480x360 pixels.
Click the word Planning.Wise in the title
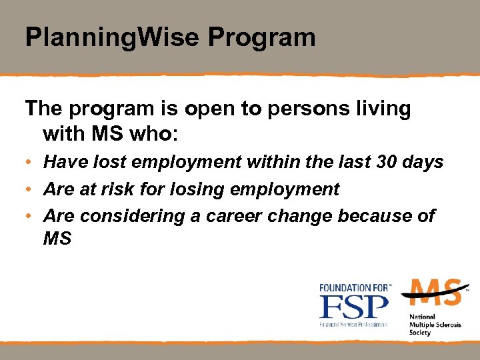pyautogui.click(x=113, y=37)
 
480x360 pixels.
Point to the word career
pyautogui.click(x=233, y=216)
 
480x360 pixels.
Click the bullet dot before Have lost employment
pyautogui.click(x=30, y=163)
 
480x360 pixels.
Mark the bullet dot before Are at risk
pyautogui.click(x=30, y=189)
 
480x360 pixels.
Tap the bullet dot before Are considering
pyautogui.click(x=30, y=217)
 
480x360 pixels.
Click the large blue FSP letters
pyautogui.click(x=353, y=307)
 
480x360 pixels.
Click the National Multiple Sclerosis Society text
pyautogui.click(x=427, y=325)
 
